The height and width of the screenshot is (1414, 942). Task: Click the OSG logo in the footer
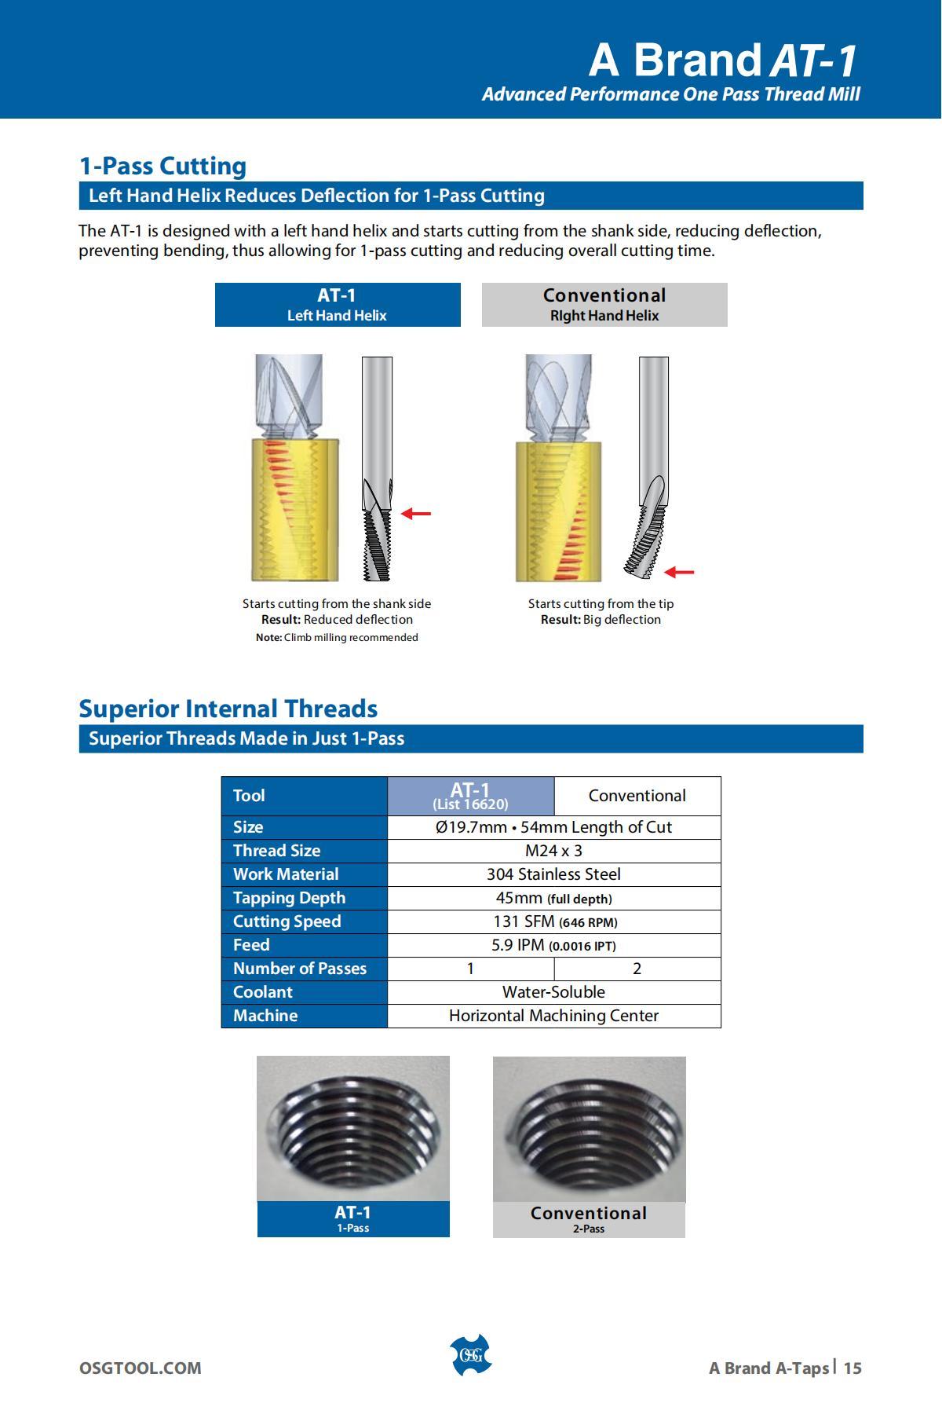470,1355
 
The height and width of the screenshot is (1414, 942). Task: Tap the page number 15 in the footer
853,1368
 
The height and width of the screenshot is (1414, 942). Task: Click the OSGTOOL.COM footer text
140,1368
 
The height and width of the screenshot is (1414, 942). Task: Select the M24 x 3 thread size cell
553,851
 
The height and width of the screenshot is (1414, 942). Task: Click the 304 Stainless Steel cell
553,874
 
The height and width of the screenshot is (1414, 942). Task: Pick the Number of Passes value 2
637,969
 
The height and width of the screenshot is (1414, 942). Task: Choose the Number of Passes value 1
470,969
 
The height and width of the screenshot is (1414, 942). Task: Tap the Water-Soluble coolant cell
553,992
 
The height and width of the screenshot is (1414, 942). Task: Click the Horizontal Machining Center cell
553,1016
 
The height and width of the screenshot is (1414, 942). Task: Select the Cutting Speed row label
287,921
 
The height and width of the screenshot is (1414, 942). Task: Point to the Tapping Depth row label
289,898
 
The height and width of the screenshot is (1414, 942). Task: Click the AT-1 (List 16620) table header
470,796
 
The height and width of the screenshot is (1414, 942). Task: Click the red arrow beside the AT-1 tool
416,514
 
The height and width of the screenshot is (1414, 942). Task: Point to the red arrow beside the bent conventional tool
679,573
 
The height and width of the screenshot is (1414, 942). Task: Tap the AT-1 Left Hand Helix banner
338,305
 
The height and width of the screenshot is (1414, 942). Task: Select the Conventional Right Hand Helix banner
604,305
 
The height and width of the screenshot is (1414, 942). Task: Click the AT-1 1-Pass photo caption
353,1218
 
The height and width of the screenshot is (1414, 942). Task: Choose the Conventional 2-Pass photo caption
589,1219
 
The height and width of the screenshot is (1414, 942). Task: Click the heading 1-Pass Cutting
162,166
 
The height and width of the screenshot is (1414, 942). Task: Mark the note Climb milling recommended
337,637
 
